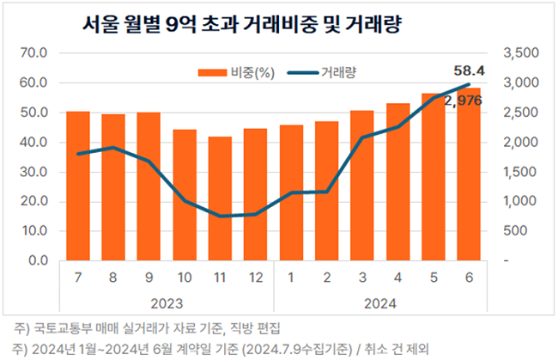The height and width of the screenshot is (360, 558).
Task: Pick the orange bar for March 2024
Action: pyautogui.click(x=362, y=185)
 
